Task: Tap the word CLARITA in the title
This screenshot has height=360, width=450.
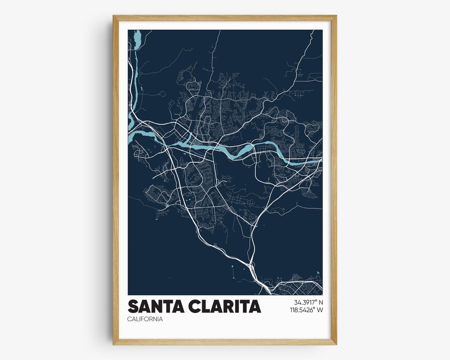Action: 225,306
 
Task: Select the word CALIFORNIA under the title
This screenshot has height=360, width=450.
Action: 145,319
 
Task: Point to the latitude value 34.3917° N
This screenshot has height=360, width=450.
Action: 308,302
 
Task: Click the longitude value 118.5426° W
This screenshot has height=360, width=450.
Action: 306,310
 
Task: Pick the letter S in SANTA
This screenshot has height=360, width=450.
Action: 133,306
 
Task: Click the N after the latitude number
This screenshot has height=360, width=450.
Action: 321,302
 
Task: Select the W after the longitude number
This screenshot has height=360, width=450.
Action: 320,310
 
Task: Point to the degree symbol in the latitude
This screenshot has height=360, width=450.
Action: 315,300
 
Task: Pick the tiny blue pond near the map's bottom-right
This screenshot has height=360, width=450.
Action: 317,272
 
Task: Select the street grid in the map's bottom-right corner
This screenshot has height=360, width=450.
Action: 298,287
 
